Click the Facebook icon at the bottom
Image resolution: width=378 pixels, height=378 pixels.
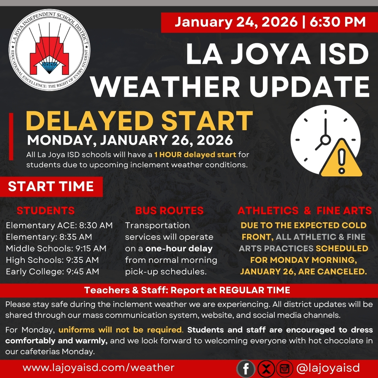[245, 368]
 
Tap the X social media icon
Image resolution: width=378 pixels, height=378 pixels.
[266, 368]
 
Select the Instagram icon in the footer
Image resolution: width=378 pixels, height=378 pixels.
[284, 368]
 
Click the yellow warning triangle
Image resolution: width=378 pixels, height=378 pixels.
[341, 159]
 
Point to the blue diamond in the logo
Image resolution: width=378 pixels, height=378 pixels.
[49, 66]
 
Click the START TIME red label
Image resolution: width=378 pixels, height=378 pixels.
[51, 186]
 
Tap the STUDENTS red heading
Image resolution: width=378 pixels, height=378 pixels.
[46, 211]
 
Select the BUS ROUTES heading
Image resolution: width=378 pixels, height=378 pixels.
[169, 211]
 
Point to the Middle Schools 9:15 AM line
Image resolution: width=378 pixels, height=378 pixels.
[56, 248]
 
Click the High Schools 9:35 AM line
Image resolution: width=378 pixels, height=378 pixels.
[52, 260]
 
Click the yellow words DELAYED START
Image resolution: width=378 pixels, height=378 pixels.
[140, 121]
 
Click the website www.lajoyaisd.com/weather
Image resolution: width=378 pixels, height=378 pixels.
[99, 368]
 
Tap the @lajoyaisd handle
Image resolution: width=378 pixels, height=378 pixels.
[328, 368]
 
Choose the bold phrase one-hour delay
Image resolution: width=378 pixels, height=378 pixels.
[179, 248]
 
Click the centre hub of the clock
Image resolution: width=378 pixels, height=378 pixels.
[326, 140]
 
